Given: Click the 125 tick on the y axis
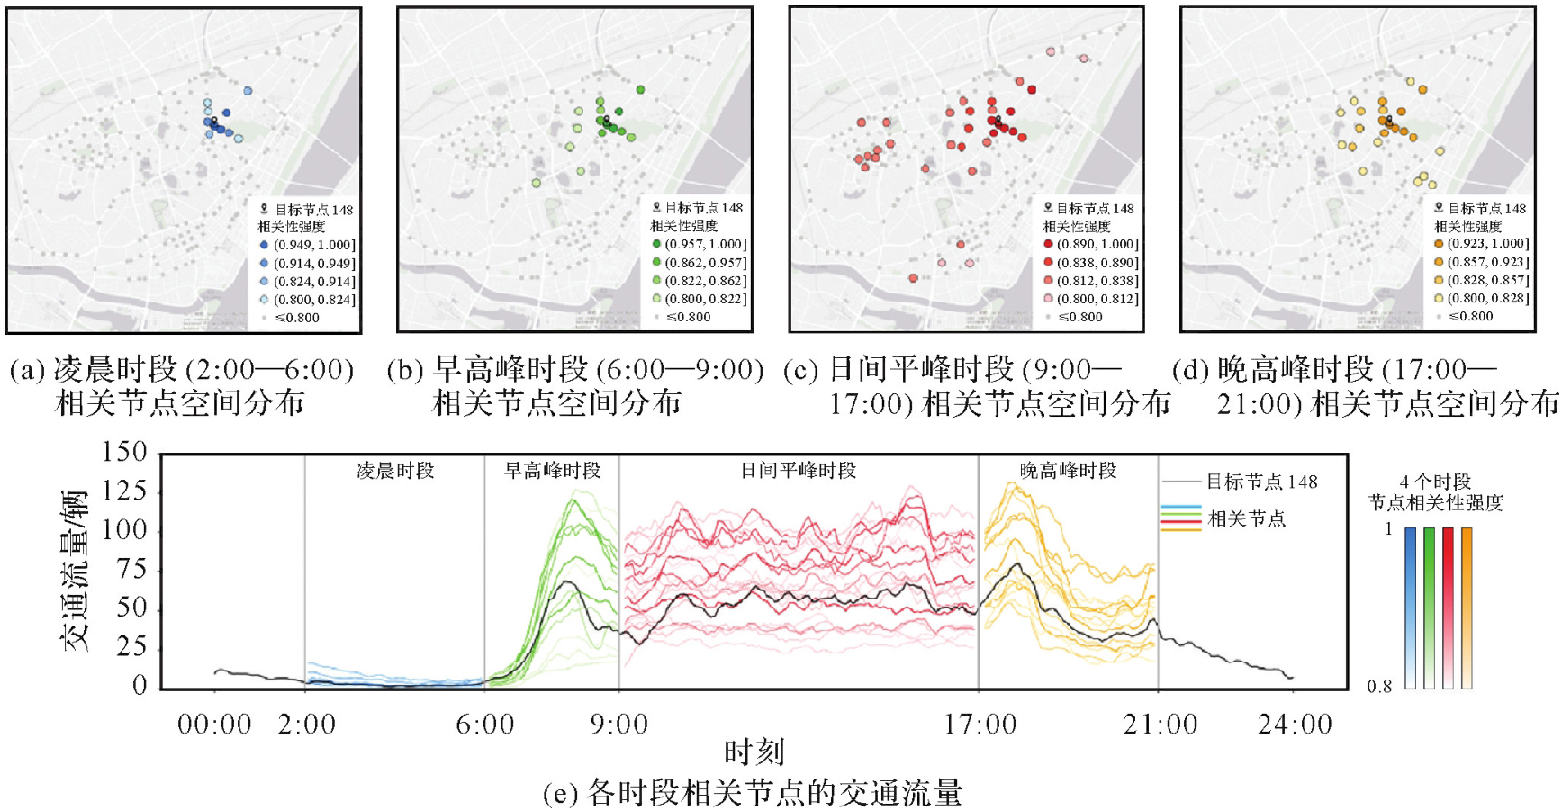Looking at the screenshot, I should (126, 491).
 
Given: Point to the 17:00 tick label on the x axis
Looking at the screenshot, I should (980, 725).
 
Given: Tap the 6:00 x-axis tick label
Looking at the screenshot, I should (485, 725).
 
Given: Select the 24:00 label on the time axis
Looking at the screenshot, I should (1294, 725).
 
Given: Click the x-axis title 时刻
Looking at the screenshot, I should (754, 752).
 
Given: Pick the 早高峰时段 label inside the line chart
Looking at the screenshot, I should (552, 471).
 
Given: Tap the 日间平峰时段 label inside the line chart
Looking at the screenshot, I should (799, 471).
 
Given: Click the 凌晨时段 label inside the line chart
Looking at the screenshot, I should (395, 471).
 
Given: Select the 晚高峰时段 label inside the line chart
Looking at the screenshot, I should (1068, 471).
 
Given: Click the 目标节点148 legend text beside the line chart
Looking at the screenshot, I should (1261, 482).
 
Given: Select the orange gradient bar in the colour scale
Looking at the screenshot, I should (1467, 608).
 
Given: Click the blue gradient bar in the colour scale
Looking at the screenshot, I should (1411, 608).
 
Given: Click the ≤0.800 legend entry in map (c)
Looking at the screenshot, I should (1079, 317).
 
